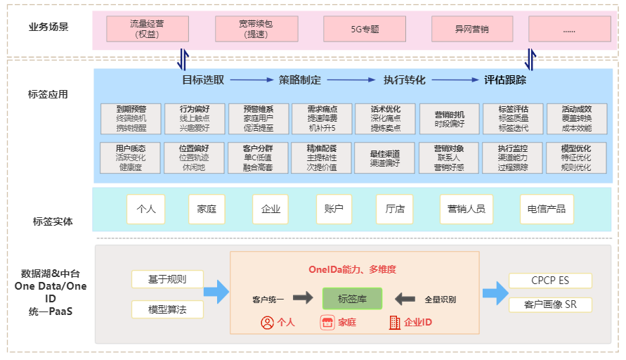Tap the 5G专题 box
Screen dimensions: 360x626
coord(365,30)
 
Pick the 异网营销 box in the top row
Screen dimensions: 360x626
coord(471,30)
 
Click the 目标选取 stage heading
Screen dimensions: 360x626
coord(203,80)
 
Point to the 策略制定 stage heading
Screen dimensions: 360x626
coord(300,80)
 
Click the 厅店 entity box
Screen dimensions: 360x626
coord(394,209)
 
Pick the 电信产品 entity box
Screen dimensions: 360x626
coord(547,209)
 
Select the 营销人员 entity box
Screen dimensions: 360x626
coord(467,209)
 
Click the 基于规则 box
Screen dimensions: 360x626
coord(167,280)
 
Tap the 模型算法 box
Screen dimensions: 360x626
coord(167,309)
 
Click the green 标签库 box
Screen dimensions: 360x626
coord(352,299)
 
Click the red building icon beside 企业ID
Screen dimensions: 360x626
coord(394,323)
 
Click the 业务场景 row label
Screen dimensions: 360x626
coord(48,27)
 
